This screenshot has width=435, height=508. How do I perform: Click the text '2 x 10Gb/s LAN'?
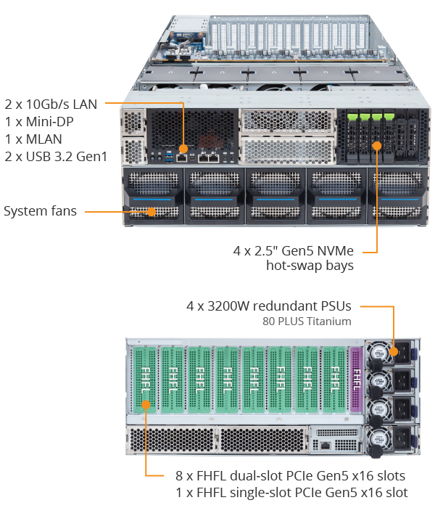pyautogui.click(x=51, y=103)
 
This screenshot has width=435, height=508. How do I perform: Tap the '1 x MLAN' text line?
pyautogui.click(x=33, y=139)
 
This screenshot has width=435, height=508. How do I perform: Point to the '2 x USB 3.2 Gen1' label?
pyautogui.click(x=56, y=156)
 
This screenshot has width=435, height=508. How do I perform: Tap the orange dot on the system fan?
pyautogui.click(x=152, y=212)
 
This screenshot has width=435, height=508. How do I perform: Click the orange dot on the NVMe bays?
pyautogui.click(x=377, y=146)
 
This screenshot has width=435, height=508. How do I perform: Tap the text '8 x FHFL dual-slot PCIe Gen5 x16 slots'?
pyautogui.click(x=290, y=476)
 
